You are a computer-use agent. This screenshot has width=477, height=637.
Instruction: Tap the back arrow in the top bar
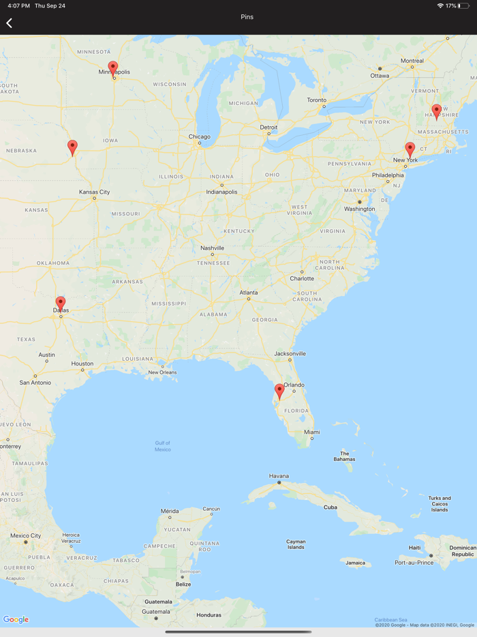tap(10, 23)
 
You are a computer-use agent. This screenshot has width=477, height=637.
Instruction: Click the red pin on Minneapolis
tap(113, 68)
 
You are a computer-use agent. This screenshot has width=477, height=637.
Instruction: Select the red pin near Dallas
tap(61, 303)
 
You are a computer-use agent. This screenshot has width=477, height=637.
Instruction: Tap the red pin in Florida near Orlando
tap(279, 390)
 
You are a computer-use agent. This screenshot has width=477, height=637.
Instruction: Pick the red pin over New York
tap(410, 149)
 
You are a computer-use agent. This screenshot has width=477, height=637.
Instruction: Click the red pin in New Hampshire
tap(437, 110)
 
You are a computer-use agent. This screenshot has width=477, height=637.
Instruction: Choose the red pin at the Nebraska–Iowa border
tap(72, 147)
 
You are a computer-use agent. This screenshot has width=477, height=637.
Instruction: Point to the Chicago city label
tap(200, 136)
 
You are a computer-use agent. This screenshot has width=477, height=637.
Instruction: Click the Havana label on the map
tap(279, 475)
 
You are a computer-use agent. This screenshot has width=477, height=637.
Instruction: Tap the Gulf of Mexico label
tap(163, 446)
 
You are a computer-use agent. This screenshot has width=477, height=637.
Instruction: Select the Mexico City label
tap(25, 535)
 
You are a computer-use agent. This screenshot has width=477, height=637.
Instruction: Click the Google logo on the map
tap(16, 619)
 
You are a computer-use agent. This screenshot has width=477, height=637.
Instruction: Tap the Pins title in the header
tap(247, 17)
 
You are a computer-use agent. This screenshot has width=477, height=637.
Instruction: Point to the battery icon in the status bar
tap(464, 5)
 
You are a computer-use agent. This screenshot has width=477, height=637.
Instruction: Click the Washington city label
tap(360, 209)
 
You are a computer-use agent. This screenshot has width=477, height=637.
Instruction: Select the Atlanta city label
tap(249, 293)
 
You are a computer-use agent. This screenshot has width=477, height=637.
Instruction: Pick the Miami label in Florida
tap(312, 432)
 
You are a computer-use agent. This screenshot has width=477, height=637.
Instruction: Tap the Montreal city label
tap(412, 61)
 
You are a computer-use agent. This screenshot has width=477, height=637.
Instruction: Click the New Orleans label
tap(163, 372)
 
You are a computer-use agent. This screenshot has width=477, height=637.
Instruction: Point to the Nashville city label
tap(212, 248)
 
